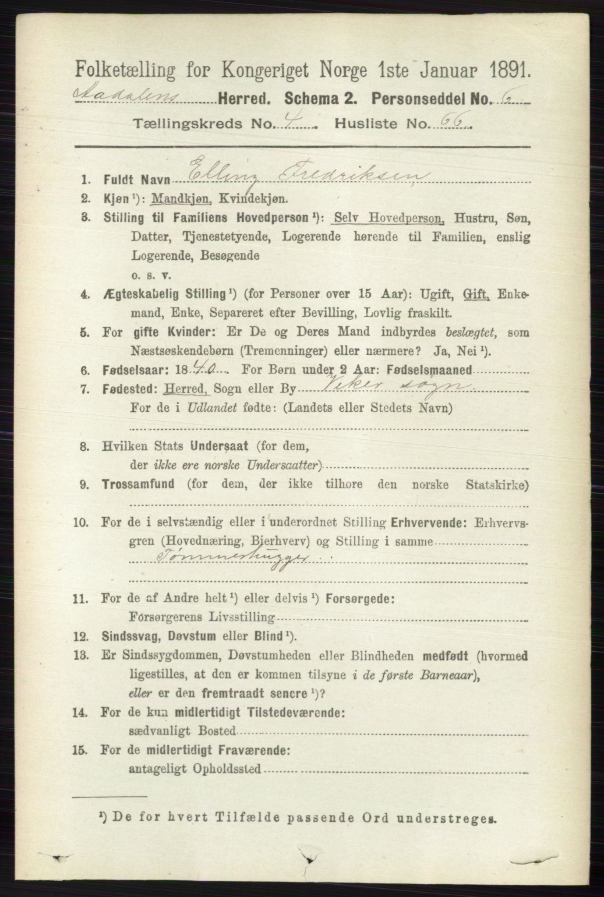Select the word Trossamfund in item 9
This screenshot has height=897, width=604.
click(x=138, y=485)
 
